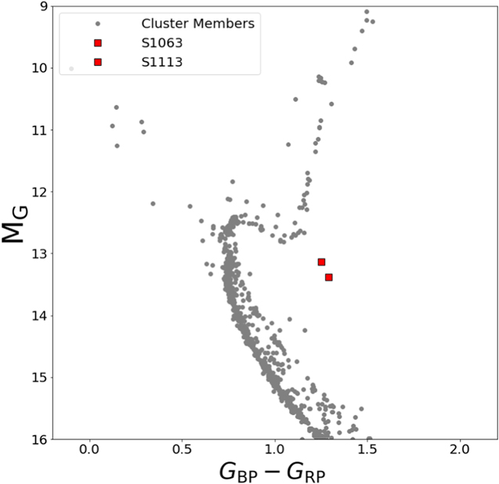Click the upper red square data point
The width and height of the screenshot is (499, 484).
pyautogui.click(x=321, y=262)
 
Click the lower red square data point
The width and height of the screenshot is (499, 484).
pyautogui.click(x=329, y=277)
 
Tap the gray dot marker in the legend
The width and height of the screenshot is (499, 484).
pyautogui.click(x=97, y=23)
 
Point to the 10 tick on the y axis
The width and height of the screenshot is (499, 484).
pyautogui.click(x=35, y=68)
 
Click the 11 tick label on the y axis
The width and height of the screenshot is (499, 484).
pyautogui.click(x=35, y=130)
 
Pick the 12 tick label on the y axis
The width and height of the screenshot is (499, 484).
pyautogui.click(x=35, y=192)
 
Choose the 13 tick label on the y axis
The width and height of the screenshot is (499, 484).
pyautogui.click(x=35, y=254)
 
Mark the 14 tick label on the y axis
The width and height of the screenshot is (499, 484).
pyautogui.click(x=35, y=316)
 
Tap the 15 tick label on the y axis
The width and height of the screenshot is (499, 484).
pyautogui.click(x=35, y=377)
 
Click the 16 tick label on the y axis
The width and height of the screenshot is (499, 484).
pyautogui.click(x=35, y=439)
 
